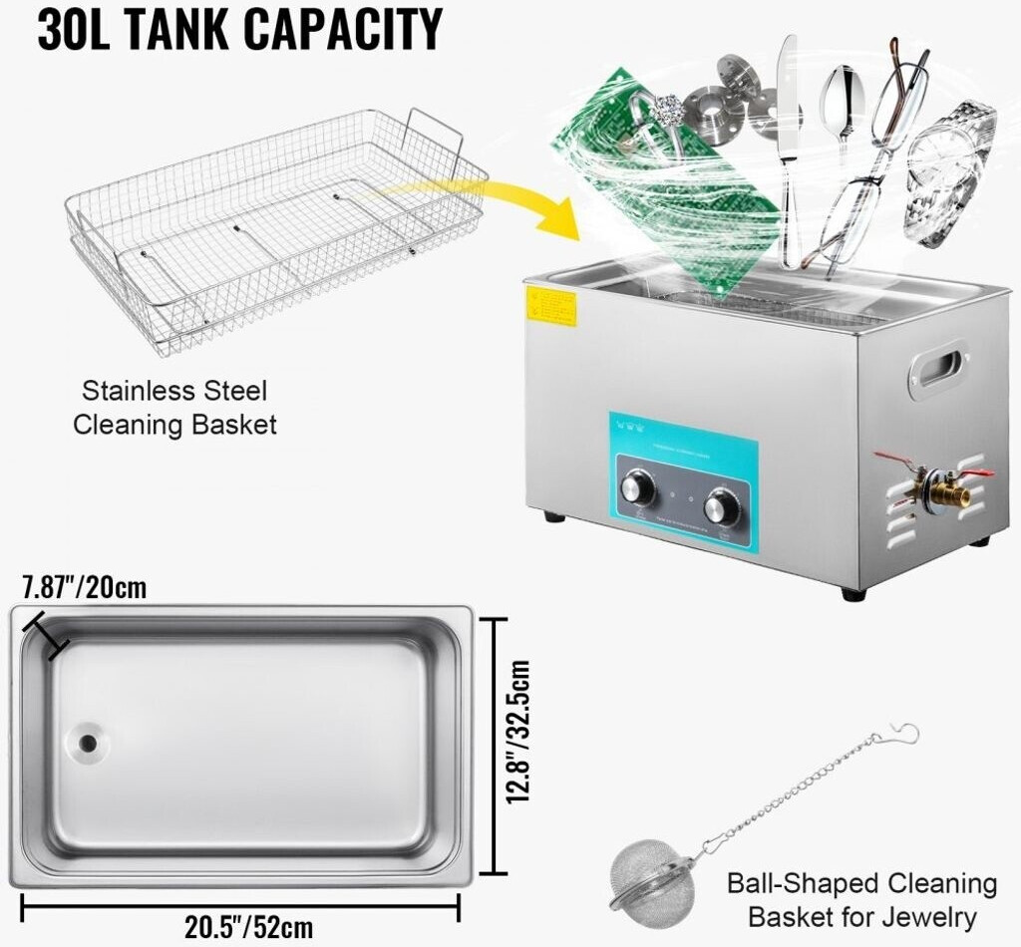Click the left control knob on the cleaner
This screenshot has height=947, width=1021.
(637, 489)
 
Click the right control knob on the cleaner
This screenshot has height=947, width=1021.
(721, 507)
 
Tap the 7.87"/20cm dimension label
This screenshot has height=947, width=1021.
(85, 587)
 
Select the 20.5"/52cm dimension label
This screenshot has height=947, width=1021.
(241, 927)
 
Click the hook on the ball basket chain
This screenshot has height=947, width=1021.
(903, 733)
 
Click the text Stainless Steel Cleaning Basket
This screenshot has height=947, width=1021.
(174, 407)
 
